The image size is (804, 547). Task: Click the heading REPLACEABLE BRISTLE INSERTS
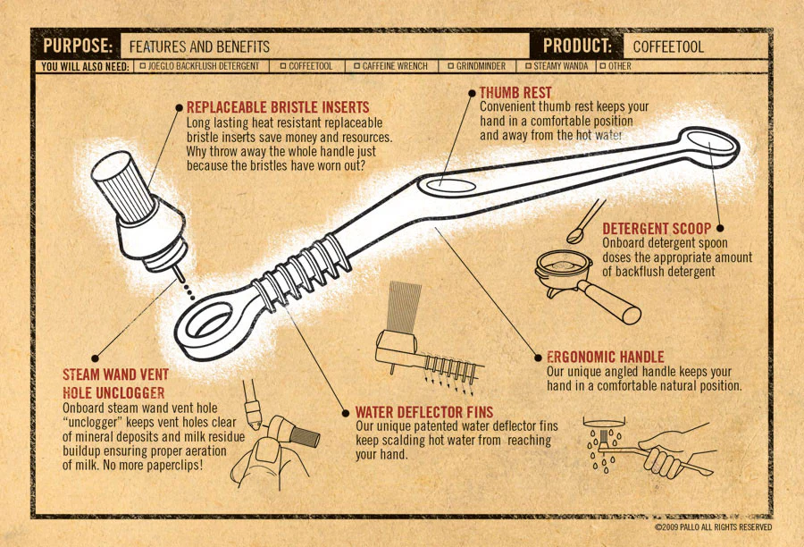coord(278,107)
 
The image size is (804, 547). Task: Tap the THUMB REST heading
coord(515,93)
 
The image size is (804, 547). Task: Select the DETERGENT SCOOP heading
coord(657,228)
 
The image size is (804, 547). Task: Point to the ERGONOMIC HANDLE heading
coord(605,357)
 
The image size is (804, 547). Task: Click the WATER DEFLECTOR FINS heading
coord(424,412)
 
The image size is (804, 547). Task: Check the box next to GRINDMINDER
coord(451,66)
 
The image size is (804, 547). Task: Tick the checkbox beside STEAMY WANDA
coord(528,66)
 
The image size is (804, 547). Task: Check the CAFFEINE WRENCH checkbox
coord(356,66)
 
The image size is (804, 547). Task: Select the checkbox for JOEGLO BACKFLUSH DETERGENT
coord(143,66)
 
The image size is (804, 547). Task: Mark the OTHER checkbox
coord(603,66)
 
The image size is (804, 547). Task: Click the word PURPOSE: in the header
coord(78,46)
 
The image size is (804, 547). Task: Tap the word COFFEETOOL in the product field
coord(668,46)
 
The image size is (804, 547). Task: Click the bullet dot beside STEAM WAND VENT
coord(95,358)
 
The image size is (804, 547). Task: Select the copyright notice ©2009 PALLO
coord(713,527)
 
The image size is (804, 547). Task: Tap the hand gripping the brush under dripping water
coord(666,451)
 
